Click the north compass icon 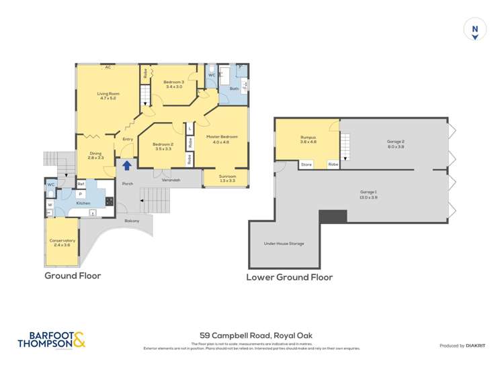475,30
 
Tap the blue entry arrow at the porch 126,165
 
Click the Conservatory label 62,242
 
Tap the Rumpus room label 308,140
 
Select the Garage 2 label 395,144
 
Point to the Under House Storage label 284,244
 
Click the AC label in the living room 108,67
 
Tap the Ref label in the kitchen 81,184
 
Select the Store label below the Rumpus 306,164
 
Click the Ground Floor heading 73,276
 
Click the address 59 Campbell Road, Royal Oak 252,335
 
